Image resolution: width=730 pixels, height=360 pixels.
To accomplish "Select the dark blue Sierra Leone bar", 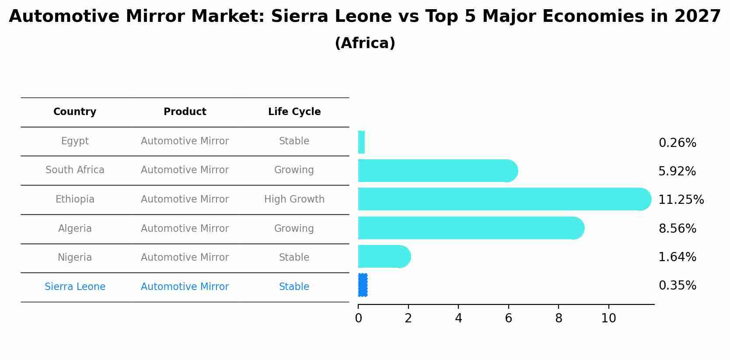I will [363, 285].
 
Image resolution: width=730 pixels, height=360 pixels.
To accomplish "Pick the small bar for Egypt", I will [361, 142].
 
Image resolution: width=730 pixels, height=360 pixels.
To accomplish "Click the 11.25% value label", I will [681, 200].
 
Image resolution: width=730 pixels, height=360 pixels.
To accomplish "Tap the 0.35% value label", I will [677, 286].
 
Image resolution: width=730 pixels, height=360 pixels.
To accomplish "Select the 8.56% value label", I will [677, 228].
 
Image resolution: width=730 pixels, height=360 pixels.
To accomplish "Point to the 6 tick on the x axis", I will [508, 318].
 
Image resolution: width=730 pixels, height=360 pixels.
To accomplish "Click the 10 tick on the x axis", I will [608, 318].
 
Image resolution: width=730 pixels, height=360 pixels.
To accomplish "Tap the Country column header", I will [75, 112].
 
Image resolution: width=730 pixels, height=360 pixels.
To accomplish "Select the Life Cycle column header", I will [294, 112].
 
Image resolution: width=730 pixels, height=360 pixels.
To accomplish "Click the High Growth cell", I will [294, 199].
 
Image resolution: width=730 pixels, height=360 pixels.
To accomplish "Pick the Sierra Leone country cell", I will [75, 287].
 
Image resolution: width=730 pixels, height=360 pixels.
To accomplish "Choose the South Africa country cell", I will [75, 170].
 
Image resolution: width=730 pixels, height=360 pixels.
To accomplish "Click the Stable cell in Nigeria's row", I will [294, 258].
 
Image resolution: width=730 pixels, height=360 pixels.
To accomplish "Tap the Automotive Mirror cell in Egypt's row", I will [185, 141].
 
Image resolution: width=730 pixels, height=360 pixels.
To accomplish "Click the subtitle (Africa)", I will [365, 43].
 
